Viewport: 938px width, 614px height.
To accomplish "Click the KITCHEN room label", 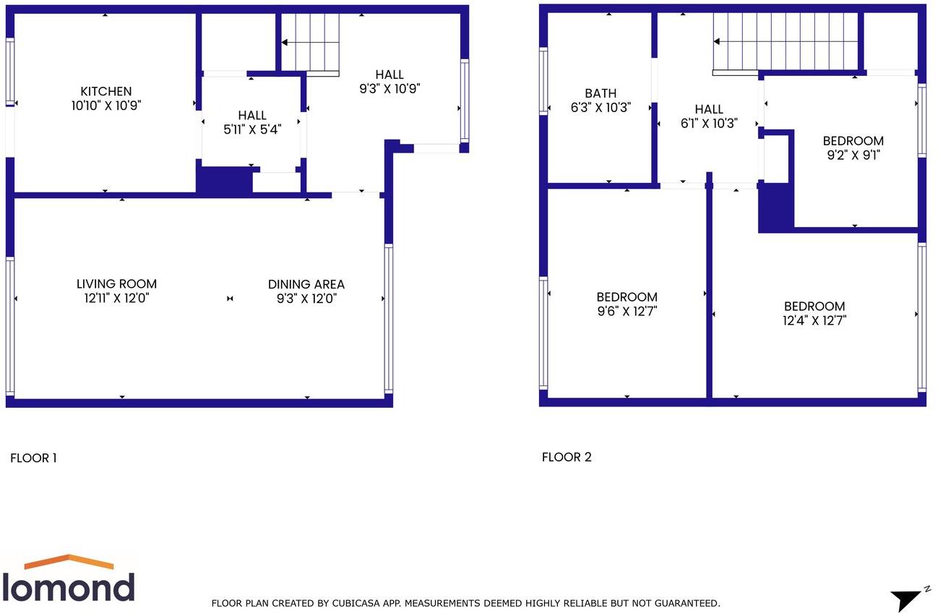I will tap(106, 91).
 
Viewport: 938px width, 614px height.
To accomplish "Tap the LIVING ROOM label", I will tap(116, 284).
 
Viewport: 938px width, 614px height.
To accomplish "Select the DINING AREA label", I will tap(306, 284).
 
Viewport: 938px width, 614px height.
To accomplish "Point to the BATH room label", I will tap(601, 93).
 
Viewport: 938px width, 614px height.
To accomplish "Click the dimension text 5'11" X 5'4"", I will tap(251, 129).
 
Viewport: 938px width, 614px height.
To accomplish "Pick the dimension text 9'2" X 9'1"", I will tap(853, 155).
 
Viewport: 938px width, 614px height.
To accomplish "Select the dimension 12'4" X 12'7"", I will tap(814, 320).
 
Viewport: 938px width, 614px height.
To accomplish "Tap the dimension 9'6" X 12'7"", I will tap(627, 311).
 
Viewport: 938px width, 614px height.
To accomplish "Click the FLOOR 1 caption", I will tap(33, 458).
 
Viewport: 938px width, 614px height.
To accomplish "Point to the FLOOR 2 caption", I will tap(567, 457).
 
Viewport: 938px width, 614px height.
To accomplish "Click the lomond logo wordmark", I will tap(69, 587).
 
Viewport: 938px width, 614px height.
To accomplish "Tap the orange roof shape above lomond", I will tap(69, 561).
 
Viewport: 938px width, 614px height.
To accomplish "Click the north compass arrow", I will tap(905, 600).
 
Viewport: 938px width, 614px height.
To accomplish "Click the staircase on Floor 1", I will tap(310, 43).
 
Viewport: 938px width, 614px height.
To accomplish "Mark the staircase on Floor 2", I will tap(785, 43).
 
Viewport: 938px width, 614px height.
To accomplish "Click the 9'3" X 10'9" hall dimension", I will tap(390, 89).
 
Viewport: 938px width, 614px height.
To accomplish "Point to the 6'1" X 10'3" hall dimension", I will tap(709, 123).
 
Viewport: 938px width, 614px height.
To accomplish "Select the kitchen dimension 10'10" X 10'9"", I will tap(106, 106).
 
